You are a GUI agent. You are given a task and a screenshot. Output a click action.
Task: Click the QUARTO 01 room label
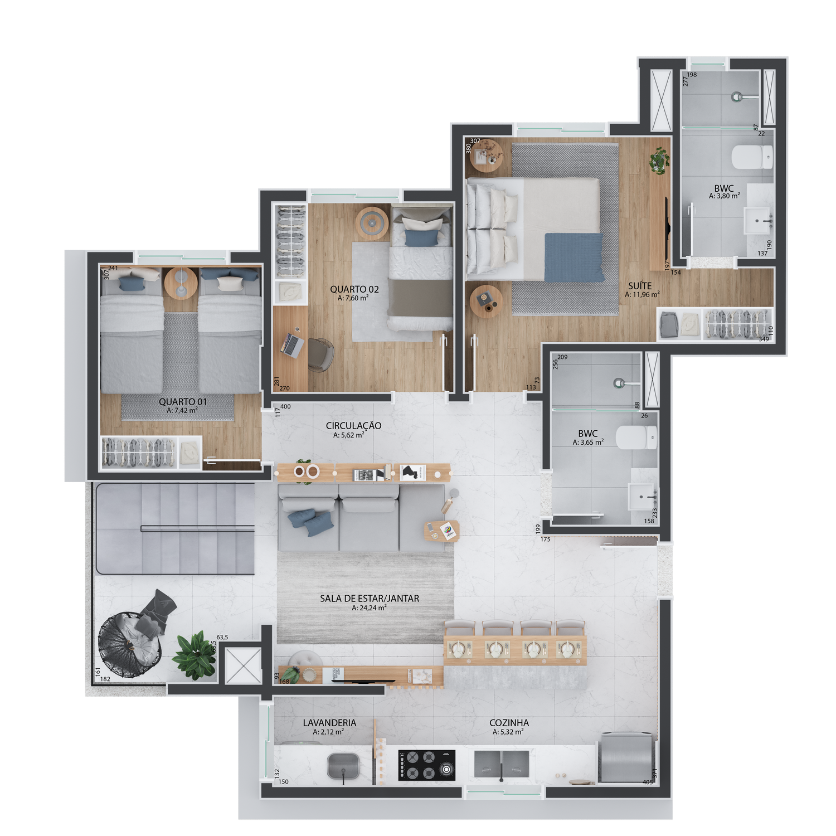click(183, 402)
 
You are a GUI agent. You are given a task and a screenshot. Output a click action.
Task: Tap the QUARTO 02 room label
click(354, 289)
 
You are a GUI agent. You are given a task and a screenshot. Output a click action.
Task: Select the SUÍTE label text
click(640, 286)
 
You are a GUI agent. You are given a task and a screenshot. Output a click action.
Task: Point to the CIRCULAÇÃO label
click(353, 426)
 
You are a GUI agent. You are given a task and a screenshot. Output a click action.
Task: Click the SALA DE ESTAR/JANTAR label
click(370, 599)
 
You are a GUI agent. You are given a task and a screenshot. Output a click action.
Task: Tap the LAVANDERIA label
click(329, 723)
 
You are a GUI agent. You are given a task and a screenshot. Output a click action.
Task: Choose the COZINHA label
click(509, 723)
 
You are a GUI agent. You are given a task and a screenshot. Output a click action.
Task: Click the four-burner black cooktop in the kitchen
click(426, 765)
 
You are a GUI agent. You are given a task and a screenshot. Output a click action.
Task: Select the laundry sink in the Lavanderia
click(343, 766)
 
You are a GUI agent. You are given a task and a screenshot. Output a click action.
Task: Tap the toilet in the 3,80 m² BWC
click(752, 157)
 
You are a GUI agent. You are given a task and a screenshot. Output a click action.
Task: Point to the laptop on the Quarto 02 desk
click(291, 345)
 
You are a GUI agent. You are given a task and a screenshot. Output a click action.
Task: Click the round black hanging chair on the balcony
click(130, 645)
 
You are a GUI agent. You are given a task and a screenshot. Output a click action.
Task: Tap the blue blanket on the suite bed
click(574, 257)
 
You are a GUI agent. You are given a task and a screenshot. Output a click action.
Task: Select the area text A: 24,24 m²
click(369, 608)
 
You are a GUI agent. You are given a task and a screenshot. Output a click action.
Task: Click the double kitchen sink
click(502, 764)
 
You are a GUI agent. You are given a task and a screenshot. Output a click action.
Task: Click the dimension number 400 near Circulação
click(285, 406)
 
